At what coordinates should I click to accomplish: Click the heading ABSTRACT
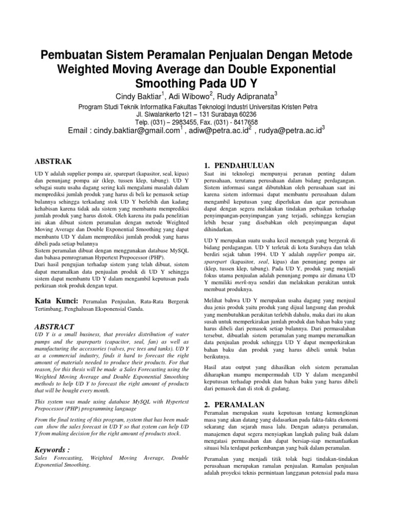(x=54, y=326)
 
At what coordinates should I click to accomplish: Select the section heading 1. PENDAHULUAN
(x=239, y=165)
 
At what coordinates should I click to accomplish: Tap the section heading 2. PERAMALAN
(x=233, y=405)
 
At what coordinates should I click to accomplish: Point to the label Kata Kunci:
(x=56, y=300)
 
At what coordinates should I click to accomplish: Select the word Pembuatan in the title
(x=74, y=54)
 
